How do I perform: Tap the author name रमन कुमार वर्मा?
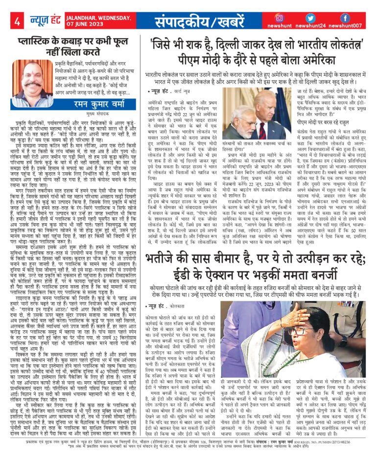pyautogui.click(x=93, y=103)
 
